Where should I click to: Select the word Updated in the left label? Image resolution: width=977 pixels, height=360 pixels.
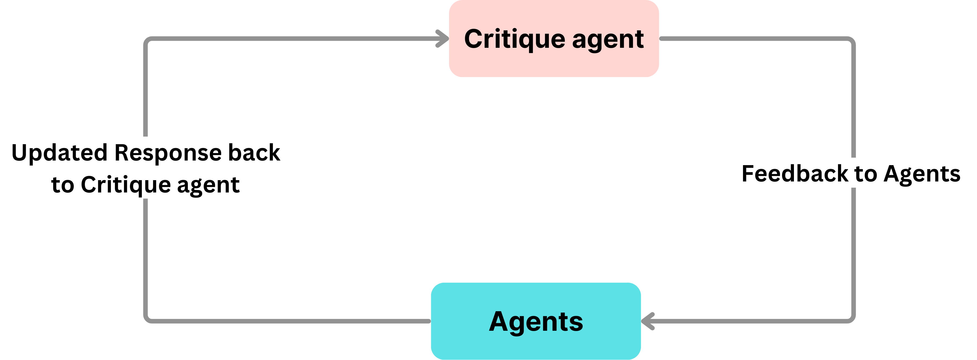coord(60,153)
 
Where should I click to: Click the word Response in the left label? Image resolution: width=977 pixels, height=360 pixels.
coord(168,153)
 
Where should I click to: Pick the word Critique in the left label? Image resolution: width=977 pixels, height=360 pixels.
coord(126,186)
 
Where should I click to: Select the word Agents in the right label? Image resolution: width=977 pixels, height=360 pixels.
coord(922,174)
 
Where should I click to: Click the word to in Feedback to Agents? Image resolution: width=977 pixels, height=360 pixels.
coord(866,174)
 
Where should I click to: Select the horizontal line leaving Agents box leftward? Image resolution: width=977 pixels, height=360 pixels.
coord(288,321)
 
